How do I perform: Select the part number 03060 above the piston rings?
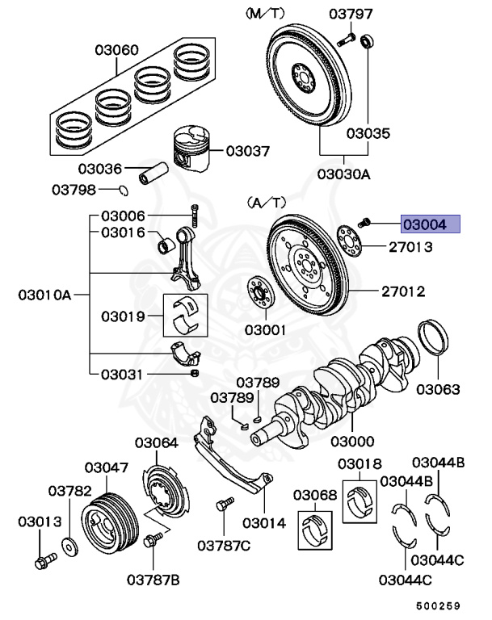click(x=116, y=50)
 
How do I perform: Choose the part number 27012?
click(x=404, y=291)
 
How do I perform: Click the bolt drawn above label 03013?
click(x=44, y=558)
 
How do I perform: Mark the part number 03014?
click(x=264, y=522)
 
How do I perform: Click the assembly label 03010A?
click(x=44, y=295)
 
